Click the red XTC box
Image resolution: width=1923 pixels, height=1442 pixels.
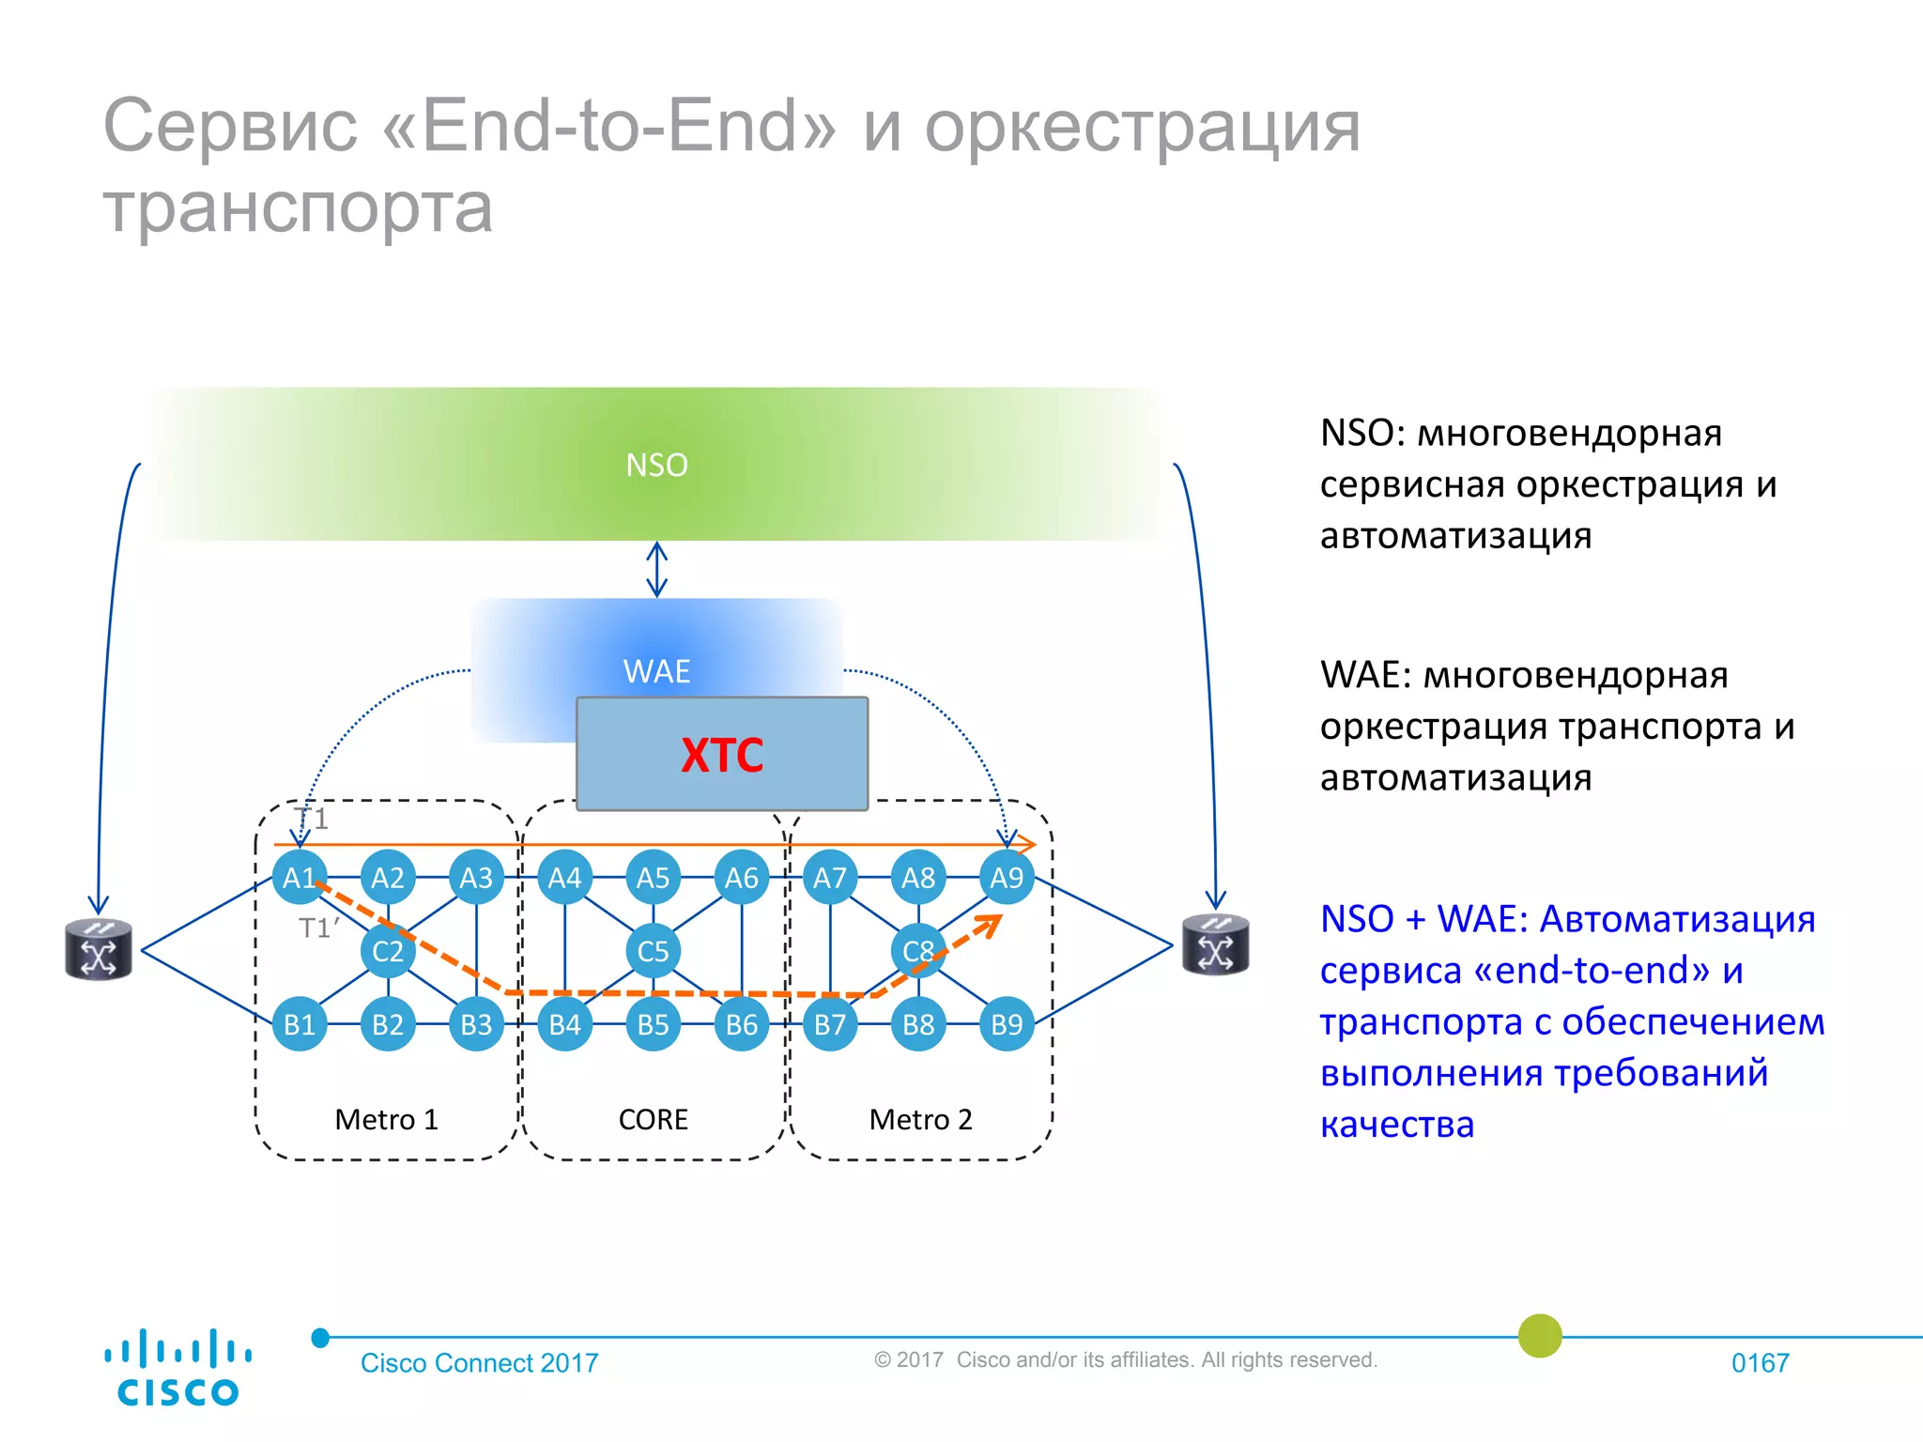point(722,754)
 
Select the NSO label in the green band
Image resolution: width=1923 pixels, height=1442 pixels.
point(656,466)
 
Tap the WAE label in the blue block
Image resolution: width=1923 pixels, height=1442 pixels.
point(656,671)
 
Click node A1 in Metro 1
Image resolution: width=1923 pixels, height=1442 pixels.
point(300,878)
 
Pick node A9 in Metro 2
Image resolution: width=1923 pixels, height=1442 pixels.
point(1007,878)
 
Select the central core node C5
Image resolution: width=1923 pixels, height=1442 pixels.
point(653,951)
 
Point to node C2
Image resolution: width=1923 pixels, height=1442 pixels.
point(388,951)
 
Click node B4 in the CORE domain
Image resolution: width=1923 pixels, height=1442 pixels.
point(564,1024)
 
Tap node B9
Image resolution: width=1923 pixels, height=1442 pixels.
point(1007,1024)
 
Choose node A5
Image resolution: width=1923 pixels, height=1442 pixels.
point(653,878)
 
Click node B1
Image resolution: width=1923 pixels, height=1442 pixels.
point(300,1024)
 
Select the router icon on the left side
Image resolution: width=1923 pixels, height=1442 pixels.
point(99,949)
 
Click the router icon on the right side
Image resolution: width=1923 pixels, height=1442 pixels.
point(1215,944)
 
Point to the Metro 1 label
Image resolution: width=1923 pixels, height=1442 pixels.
point(387,1119)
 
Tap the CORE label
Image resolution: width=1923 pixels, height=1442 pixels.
point(654,1119)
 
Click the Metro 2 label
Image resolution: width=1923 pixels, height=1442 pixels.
point(920,1119)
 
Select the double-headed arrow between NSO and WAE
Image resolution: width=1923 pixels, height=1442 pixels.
point(657,569)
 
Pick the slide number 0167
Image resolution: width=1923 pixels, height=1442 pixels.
point(1760,1363)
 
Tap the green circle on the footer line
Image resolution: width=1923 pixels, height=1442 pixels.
point(1540,1336)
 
